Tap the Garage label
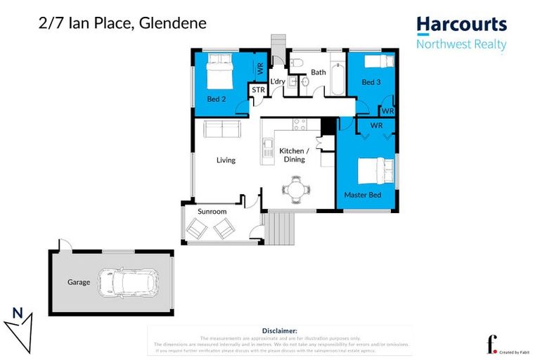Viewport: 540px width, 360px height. tap(79, 282)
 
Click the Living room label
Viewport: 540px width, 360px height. tap(226, 160)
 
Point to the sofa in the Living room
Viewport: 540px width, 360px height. tap(221, 129)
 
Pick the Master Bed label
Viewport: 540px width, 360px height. tap(362, 194)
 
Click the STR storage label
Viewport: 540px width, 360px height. tap(258, 91)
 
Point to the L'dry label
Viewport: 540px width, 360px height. tap(278, 82)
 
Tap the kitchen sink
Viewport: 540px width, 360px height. tap(268, 148)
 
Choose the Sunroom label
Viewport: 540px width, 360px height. tap(212, 211)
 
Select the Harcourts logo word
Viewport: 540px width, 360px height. tap(461, 25)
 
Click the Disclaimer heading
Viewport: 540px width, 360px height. tap(279, 330)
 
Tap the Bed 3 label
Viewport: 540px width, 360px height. tap(371, 82)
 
